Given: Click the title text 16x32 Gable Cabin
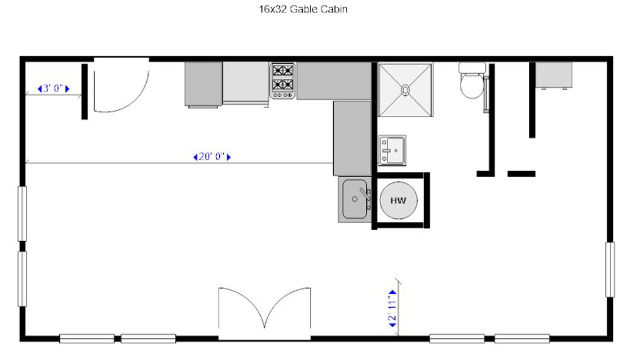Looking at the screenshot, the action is (303, 9).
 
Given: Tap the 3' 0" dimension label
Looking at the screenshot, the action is (54, 88).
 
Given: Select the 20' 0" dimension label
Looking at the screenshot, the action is (212, 156).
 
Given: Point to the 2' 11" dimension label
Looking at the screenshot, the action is (392, 308).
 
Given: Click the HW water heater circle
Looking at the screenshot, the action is (399, 200).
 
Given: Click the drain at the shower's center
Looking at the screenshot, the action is (405, 90).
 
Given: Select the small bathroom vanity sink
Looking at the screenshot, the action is (392, 151).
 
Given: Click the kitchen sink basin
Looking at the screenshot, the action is (355, 199).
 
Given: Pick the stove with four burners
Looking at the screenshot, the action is (282, 81).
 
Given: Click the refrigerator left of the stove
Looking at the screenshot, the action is (246, 83).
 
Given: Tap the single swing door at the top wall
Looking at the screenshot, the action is (122, 86).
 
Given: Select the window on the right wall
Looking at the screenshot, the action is (610, 269).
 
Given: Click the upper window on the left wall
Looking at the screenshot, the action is (23, 214).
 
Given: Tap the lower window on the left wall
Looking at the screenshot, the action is (23, 279).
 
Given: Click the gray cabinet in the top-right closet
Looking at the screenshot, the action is (554, 75).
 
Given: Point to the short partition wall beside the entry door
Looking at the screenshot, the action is (84, 91).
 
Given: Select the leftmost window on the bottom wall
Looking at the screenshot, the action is (87, 339).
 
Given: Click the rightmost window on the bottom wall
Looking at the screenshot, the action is (522, 339).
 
